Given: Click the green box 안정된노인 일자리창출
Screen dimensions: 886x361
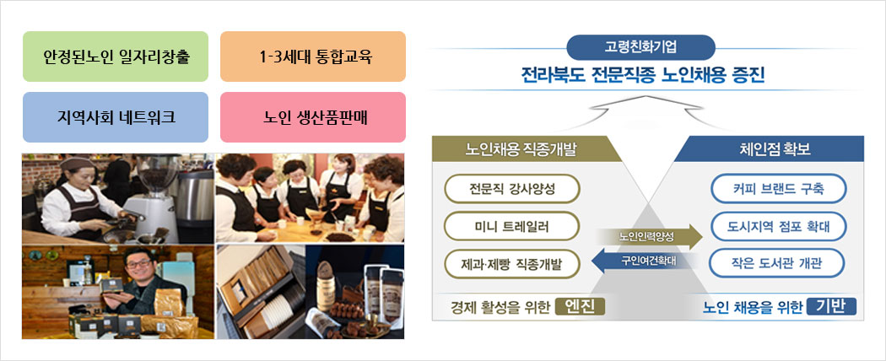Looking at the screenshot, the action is [116, 57].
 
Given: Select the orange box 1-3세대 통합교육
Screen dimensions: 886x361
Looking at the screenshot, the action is [313, 57].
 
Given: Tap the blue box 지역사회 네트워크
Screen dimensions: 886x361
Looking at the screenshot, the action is [116, 117].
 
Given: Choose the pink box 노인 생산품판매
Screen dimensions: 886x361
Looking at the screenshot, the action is [313, 117].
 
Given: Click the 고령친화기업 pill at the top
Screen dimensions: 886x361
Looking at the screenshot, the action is [640, 47].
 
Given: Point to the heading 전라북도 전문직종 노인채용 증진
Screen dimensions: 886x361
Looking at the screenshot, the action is [643, 75].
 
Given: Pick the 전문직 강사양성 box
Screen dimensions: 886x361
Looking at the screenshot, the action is [512, 189].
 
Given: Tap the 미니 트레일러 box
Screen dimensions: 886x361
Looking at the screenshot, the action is [512, 227].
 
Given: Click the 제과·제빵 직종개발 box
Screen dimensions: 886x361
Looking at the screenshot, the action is [512, 264].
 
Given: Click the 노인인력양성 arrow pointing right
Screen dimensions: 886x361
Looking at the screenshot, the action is [650, 237].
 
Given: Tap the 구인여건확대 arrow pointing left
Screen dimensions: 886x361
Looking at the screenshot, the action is [642, 261].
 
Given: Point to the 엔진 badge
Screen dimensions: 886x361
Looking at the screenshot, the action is [580, 307].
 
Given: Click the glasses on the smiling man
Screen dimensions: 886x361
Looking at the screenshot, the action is [138, 263].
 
